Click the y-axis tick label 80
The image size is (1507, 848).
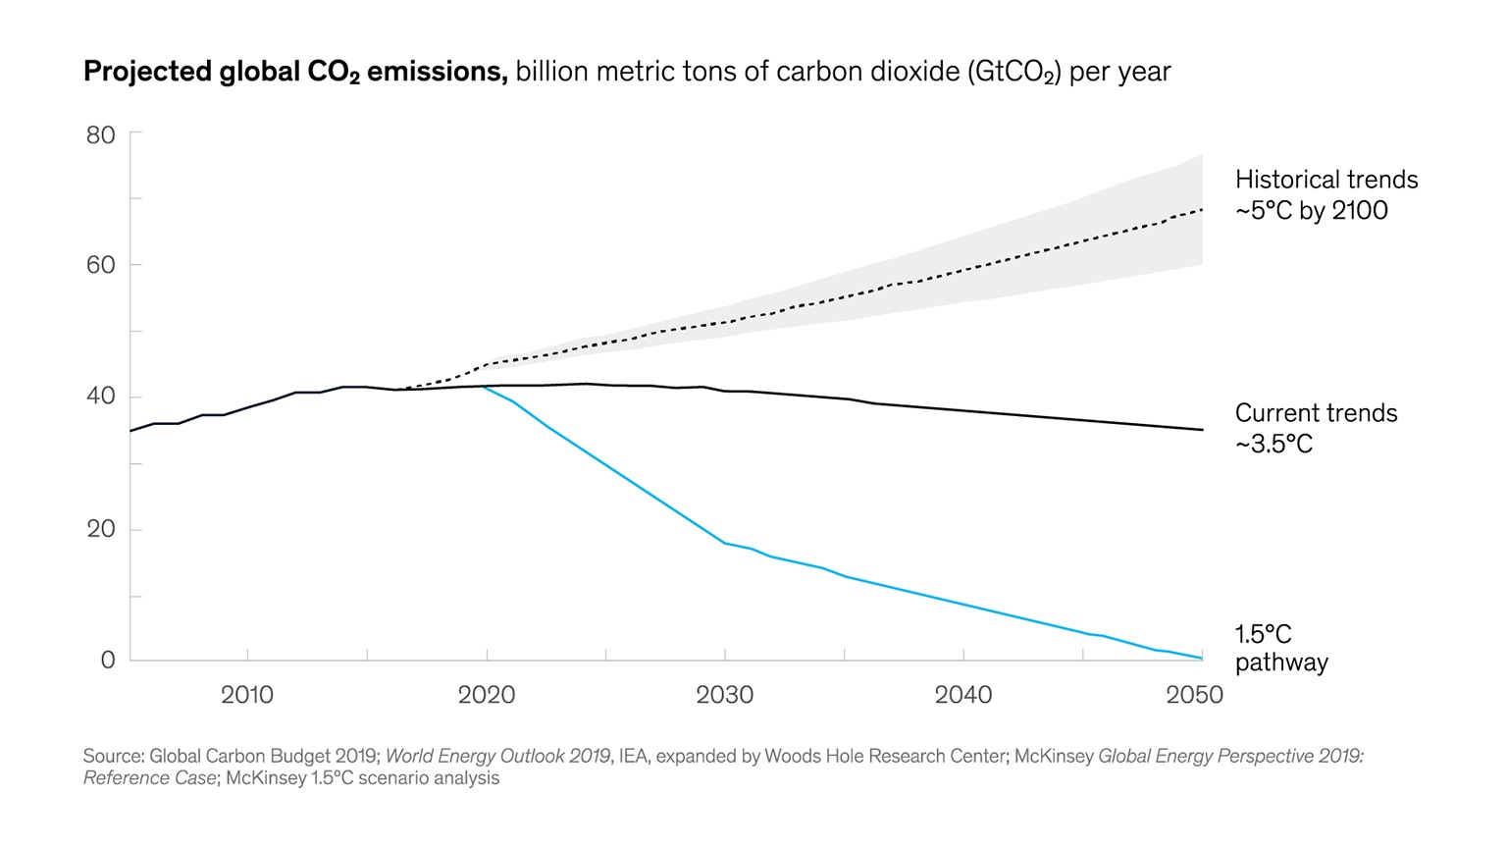tap(101, 135)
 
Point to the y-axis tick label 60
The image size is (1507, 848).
tap(101, 265)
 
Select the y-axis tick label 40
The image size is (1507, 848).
tap(101, 397)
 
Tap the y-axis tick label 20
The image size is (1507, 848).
tap(101, 529)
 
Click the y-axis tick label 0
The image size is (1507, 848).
tap(108, 661)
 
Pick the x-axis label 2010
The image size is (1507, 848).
tap(247, 695)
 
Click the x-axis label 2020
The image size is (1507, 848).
tap(487, 695)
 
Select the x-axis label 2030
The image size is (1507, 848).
tap(725, 695)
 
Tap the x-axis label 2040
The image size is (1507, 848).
tap(963, 695)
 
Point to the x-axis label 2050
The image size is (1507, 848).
tap(1194, 695)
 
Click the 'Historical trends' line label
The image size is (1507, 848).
tap(1326, 180)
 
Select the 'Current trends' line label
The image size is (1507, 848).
tap(1316, 413)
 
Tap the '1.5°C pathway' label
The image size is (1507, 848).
tap(1280, 648)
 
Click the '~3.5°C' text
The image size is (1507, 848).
tap(1273, 445)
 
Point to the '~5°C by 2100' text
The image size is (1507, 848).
tap(1311, 211)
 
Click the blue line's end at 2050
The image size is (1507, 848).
tap(1202, 659)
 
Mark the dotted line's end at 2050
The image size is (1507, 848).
tap(1202, 209)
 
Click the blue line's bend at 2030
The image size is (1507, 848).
tap(725, 543)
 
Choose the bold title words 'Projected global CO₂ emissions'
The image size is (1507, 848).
tap(295, 72)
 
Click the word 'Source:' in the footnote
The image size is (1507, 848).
tap(113, 756)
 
